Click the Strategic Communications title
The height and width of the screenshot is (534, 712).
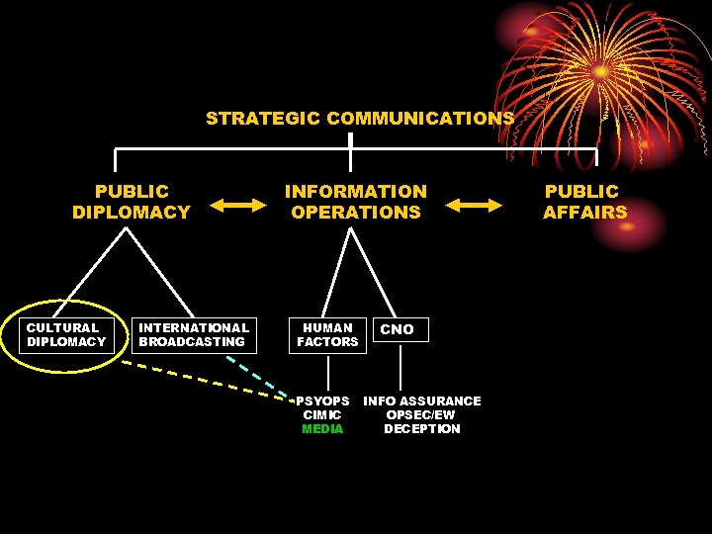[x=359, y=119]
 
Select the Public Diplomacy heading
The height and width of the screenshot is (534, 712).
[x=132, y=202]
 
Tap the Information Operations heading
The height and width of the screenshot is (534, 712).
[x=356, y=202]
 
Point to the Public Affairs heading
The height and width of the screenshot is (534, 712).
[x=584, y=202]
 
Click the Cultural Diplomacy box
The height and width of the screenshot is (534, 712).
[x=66, y=335]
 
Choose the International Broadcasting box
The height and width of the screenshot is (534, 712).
[x=194, y=335]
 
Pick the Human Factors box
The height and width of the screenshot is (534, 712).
[x=327, y=335]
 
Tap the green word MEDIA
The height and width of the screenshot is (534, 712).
[x=322, y=429]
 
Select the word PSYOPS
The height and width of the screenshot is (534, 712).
[x=323, y=401]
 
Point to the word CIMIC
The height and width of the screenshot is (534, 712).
[x=322, y=415]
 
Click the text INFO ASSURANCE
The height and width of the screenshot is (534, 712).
[x=422, y=401]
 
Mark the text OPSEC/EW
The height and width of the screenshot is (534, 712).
[x=421, y=415]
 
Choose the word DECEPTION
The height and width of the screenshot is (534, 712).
[x=422, y=429]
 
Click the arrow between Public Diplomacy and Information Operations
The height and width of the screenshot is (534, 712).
[x=237, y=205]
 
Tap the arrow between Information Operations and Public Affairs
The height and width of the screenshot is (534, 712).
[x=474, y=205]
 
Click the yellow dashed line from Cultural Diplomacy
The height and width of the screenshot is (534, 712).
[x=198, y=379]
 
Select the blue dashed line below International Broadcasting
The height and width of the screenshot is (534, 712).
[x=257, y=375]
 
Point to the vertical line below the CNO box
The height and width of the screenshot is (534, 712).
[x=400, y=367]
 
